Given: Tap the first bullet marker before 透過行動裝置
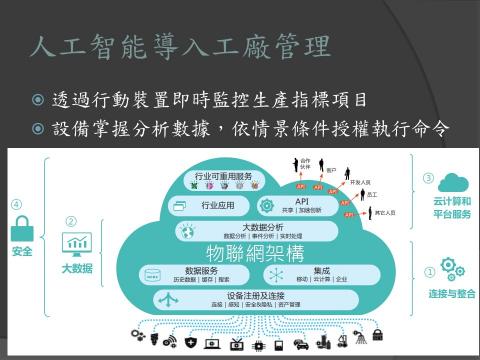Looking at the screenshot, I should (38, 101).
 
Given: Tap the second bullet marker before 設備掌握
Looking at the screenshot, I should (38, 131).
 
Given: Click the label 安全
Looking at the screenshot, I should (21, 252).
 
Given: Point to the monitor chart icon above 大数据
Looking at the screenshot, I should (76, 244).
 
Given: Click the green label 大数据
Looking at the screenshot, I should (76, 268).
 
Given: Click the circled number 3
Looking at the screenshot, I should (428, 179).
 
